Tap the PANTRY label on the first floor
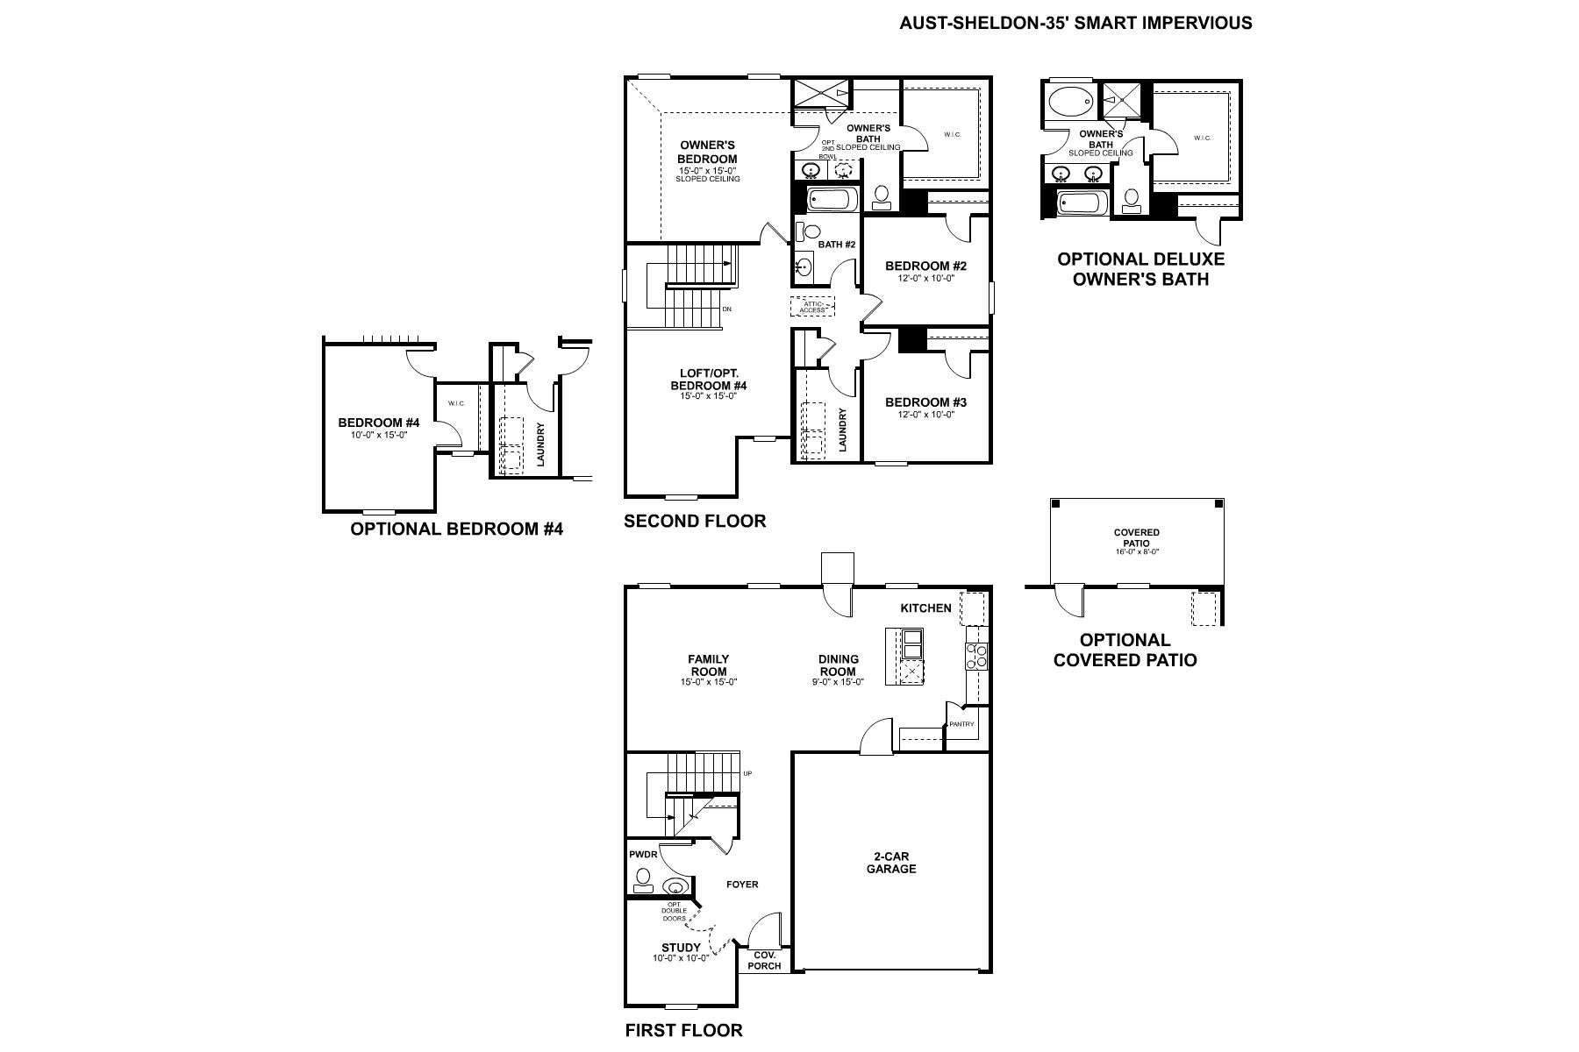(x=961, y=724)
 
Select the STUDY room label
(x=681, y=948)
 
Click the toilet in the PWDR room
(x=643, y=879)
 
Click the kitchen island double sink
(x=913, y=643)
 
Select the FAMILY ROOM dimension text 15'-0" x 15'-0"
(x=708, y=682)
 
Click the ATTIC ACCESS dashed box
(x=812, y=307)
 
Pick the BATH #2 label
(x=836, y=245)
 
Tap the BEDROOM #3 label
(x=925, y=402)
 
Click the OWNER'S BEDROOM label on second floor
(x=707, y=152)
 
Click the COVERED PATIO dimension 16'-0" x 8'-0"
(x=1136, y=552)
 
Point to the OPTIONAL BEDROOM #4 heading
(x=456, y=530)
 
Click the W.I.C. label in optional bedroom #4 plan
(x=456, y=403)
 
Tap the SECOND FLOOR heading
(x=695, y=522)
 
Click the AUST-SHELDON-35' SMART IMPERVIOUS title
(x=1075, y=24)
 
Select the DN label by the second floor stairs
(x=726, y=309)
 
